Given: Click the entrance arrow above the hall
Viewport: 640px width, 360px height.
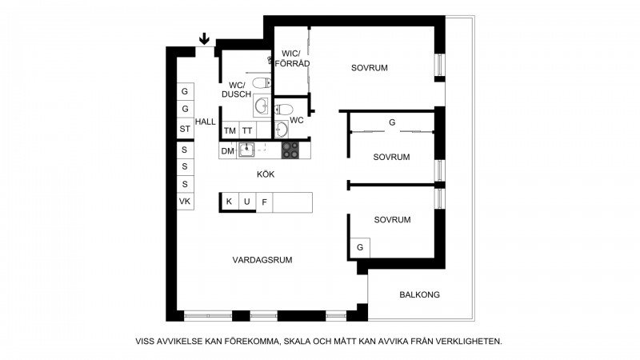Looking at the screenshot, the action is pos(204,39).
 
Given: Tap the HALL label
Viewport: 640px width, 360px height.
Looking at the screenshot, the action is pos(206,122).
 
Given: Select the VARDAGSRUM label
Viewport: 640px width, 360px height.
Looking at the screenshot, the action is pos(262,260).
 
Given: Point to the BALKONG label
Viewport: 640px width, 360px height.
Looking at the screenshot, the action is pos(419,294).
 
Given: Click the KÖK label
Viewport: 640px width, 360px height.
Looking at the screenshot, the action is pos(266,174).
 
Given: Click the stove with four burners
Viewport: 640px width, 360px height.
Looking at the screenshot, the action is pos(290,150).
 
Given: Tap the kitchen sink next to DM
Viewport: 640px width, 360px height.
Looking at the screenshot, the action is pos(246,150).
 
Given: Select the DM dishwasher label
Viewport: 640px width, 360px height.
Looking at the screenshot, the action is pos(228,151).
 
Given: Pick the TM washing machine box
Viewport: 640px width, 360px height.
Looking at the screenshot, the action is pos(230,130).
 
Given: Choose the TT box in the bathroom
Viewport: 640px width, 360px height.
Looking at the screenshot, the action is pos(247,130).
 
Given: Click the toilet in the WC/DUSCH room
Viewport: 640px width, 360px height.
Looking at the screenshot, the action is pos(262,83).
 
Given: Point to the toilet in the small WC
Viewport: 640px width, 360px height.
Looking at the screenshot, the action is pos(284,109).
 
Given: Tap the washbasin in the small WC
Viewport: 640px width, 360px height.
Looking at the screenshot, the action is pos(282,130).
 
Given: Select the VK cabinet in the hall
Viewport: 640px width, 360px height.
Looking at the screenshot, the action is pos(185,202).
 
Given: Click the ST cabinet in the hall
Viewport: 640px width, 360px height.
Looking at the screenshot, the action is pos(185,129).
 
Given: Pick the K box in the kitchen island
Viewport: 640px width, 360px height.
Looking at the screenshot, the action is pos(230,202).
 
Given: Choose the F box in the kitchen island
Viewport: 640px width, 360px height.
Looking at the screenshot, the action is pos(265,202).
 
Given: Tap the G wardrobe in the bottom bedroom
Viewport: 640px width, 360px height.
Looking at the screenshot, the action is pos(360,248).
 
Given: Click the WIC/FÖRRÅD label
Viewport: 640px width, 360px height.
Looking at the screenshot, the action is pos(292,58).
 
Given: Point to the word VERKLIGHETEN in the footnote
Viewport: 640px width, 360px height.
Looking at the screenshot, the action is pos(469,342).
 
